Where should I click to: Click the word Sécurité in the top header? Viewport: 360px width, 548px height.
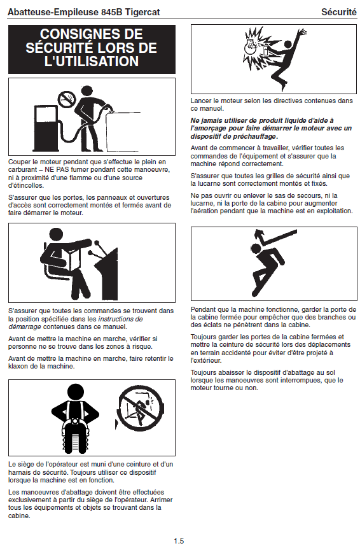(x=339, y=11)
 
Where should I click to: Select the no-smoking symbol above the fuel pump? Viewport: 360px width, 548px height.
(x=66, y=99)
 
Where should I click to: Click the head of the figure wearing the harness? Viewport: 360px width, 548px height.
(x=76, y=393)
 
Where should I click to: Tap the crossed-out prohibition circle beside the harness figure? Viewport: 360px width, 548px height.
(x=141, y=408)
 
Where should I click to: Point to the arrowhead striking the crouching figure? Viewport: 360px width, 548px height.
(x=258, y=234)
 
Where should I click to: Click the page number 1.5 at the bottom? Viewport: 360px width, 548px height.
(x=179, y=540)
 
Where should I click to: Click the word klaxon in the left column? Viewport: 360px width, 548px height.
(x=19, y=366)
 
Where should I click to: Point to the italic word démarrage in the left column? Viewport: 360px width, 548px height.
(x=24, y=327)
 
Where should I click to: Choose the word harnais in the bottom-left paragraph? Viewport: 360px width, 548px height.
(x=20, y=472)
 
